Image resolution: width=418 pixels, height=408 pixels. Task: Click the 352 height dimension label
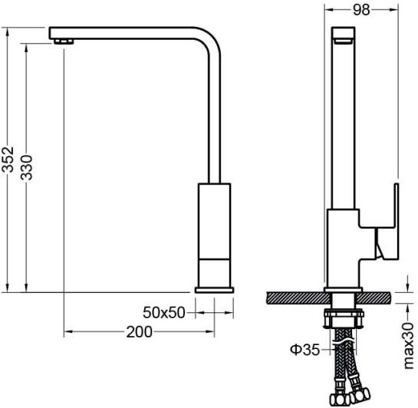click(8, 159)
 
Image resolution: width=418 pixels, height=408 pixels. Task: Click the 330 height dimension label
click(26, 167)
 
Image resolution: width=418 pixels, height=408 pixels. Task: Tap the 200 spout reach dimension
click(139, 332)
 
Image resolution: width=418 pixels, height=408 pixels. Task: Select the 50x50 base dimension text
click(164, 313)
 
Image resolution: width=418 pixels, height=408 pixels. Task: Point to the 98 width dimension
click(361, 10)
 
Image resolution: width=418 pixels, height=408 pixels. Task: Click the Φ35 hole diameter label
click(304, 350)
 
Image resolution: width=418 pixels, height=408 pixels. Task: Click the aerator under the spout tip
click(63, 41)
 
